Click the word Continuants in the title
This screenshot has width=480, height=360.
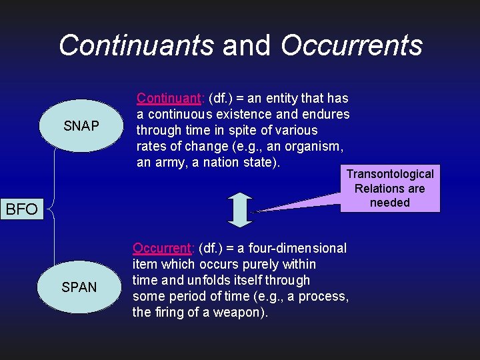tap(136, 45)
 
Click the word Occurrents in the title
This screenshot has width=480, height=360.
tap(351, 45)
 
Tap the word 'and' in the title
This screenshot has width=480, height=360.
tap(247, 45)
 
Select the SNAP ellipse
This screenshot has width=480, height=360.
tap(81, 126)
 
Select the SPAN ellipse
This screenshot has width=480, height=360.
tap(79, 287)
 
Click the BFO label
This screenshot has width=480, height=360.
tap(22, 209)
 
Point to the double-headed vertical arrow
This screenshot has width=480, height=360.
tap(240, 209)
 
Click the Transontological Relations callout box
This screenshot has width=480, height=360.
tap(390, 189)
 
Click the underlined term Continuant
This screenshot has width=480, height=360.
tap(169, 98)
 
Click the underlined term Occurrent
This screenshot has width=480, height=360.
tap(163, 248)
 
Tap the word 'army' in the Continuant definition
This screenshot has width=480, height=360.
tap(169, 162)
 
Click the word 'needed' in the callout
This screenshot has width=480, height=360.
tap(390, 203)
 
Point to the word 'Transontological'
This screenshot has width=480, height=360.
tap(390, 174)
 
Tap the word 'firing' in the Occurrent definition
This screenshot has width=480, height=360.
tap(169, 312)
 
